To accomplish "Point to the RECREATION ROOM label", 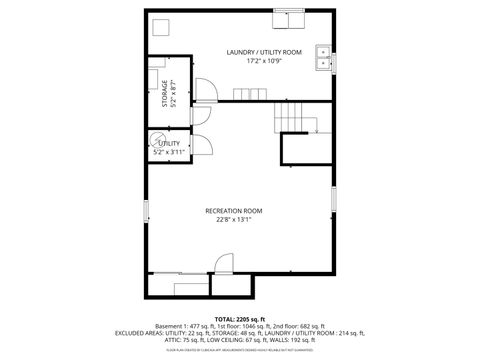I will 233,210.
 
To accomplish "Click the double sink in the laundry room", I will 323,58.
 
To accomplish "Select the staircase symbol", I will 295,116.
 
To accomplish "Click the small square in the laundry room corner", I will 160,25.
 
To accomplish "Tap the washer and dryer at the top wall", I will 290,19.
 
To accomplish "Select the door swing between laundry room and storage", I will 203,89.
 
